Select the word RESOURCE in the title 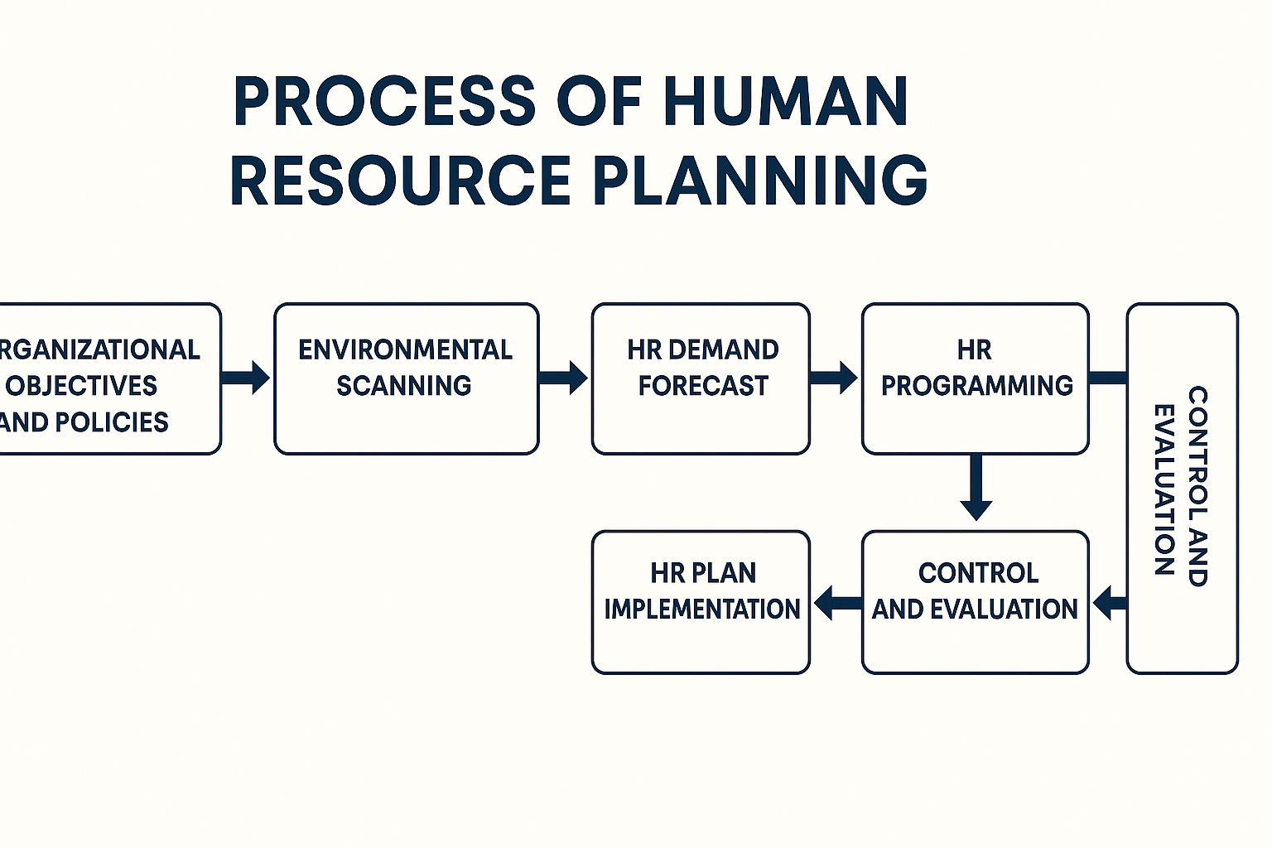(x=400, y=180)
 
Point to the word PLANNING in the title (x=760, y=180)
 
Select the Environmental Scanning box (x=406, y=378)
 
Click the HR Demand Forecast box (x=701, y=378)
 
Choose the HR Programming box (x=975, y=378)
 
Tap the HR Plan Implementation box (x=701, y=602)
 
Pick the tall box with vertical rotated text (x=1182, y=489)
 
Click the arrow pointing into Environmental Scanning (x=246, y=378)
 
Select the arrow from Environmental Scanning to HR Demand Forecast (x=563, y=378)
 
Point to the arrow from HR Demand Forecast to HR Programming (x=834, y=378)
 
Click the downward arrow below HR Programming (x=976, y=489)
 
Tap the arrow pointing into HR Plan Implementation (x=837, y=602)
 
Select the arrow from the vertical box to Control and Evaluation (x=1110, y=602)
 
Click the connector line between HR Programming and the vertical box (x=1108, y=378)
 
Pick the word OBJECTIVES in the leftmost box (x=81, y=386)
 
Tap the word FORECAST (x=703, y=386)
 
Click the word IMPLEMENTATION (x=701, y=609)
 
